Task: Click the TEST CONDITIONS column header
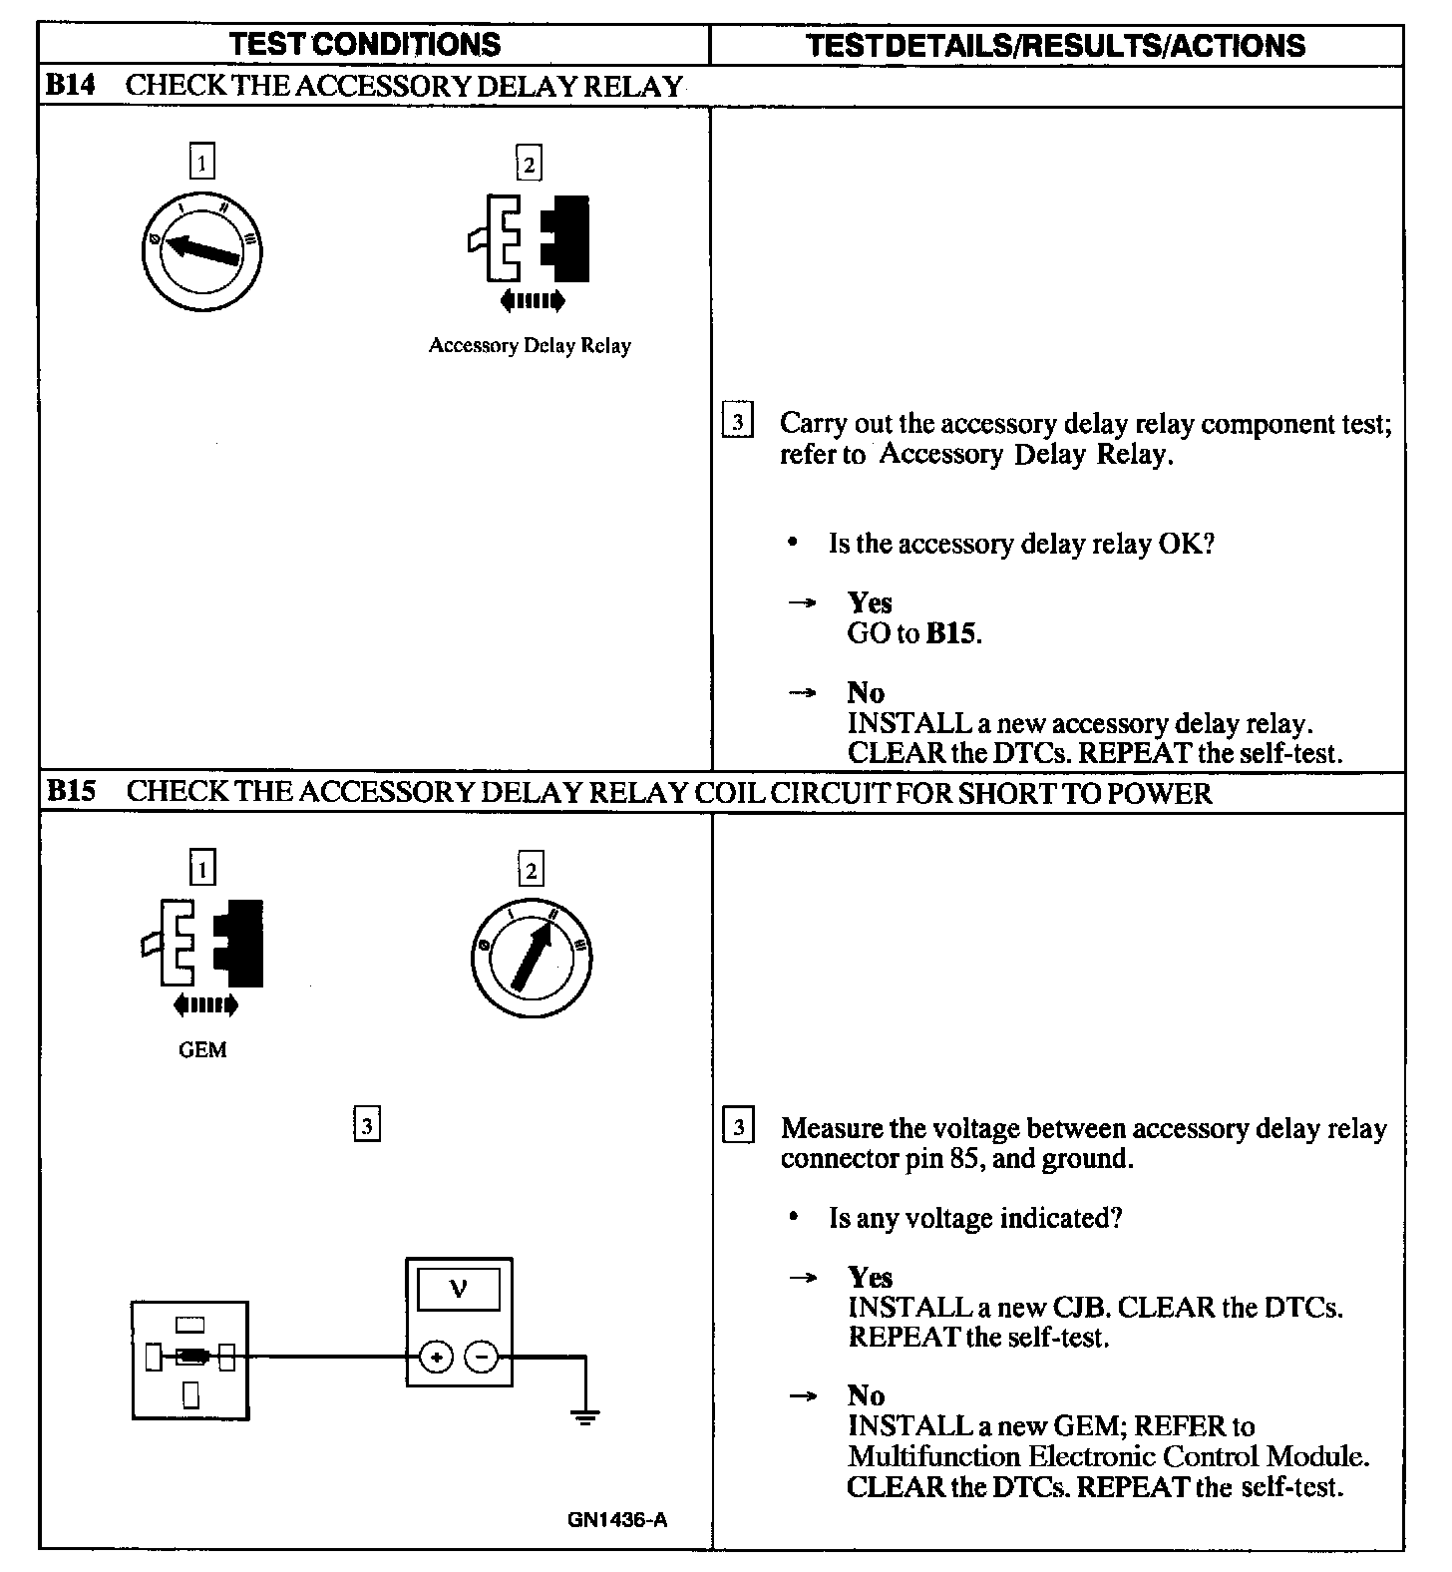coord(365,44)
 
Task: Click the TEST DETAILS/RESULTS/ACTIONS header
coord(1055,45)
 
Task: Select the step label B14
coord(70,86)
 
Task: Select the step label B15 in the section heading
coord(71,792)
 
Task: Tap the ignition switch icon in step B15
coord(532,959)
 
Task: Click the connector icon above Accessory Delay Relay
coord(530,239)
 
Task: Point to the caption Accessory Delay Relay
coord(530,346)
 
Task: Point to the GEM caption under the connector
coord(202,1049)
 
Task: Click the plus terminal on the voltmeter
coord(436,1357)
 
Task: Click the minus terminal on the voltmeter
coord(482,1357)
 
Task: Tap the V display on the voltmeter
coord(459,1290)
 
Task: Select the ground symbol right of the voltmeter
coord(585,1415)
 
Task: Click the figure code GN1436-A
coord(617,1520)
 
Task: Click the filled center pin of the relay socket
coord(190,1357)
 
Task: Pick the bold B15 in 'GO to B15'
coord(951,634)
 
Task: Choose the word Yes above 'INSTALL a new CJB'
coord(870,1278)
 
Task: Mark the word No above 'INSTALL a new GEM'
coord(866,1395)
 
